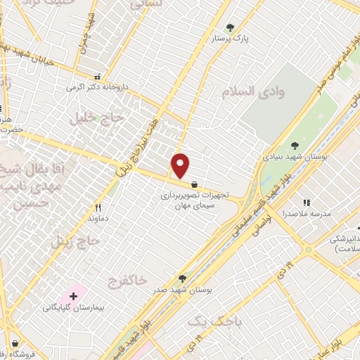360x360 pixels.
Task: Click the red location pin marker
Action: (181, 166)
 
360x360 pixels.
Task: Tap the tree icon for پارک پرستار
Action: (230, 28)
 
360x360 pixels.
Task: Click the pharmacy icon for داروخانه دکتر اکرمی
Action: (98, 77)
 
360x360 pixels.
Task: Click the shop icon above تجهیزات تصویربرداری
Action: (193, 184)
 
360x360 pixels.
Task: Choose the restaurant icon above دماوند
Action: (98, 207)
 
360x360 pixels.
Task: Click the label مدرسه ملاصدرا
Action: (305, 212)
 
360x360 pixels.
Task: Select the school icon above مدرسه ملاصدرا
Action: (306, 201)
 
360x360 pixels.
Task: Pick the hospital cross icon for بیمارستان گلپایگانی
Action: (72, 295)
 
